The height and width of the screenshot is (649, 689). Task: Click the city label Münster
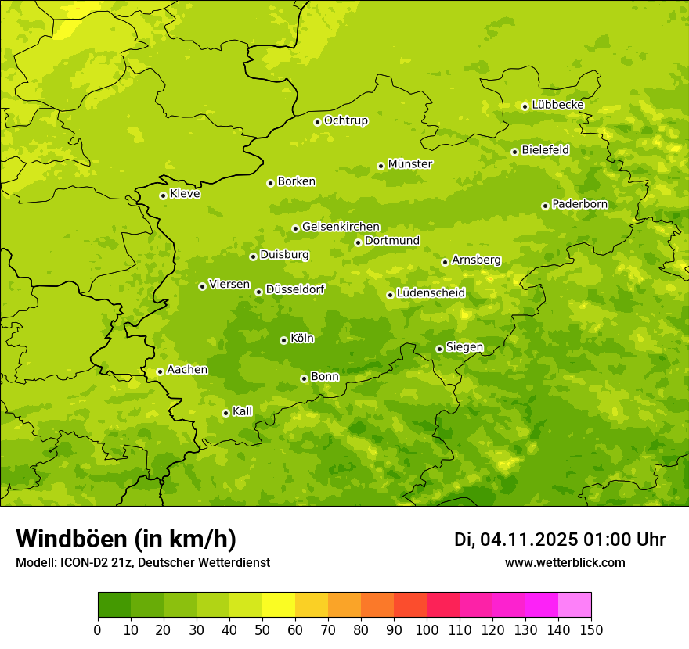(x=410, y=164)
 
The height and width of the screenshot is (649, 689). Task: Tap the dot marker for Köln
(x=283, y=340)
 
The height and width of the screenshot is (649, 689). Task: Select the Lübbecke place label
(x=557, y=105)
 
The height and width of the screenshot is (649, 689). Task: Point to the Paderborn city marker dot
(x=546, y=206)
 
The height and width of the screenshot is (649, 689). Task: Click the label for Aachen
(x=187, y=370)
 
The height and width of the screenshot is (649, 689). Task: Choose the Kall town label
(x=243, y=411)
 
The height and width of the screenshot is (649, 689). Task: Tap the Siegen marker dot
(x=440, y=349)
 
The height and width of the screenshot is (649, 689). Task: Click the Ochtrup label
(x=345, y=120)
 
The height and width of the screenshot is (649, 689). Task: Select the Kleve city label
(x=185, y=194)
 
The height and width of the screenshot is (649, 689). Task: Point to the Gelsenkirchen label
(x=341, y=227)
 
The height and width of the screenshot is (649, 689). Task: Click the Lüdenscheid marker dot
(x=390, y=295)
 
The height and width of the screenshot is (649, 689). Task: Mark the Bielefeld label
(x=545, y=150)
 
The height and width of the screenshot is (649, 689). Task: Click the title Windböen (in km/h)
(x=125, y=539)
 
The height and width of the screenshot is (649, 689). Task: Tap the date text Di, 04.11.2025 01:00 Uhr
(x=560, y=540)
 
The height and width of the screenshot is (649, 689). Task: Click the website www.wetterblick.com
(x=565, y=563)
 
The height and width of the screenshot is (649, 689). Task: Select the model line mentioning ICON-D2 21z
(x=142, y=563)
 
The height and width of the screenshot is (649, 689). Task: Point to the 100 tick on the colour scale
(x=427, y=629)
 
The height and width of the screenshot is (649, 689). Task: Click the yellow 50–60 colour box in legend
(x=279, y=605)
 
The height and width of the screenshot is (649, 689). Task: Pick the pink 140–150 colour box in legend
(x=575, y=605)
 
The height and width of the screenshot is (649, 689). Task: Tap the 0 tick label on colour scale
(x=98, y=629)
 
